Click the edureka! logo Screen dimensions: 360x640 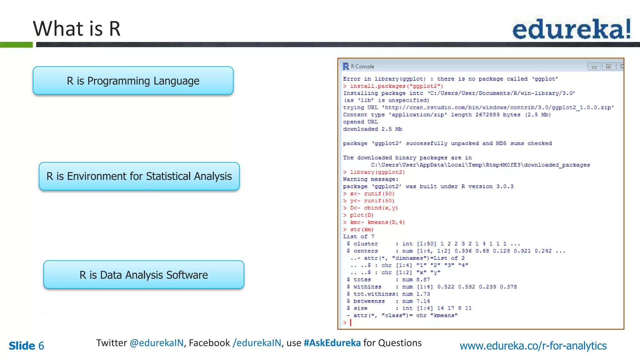tap(571, 29)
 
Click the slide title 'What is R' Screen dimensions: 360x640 tap(77, 29)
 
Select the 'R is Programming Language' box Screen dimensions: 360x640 tap(133, 81)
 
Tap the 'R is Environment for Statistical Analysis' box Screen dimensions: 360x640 tap(139, 176)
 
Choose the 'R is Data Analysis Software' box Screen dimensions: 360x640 tap(144, 275)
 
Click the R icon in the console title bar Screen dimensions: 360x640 tap(346, 66)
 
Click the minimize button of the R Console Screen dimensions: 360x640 tap(594, 67)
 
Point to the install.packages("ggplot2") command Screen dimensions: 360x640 tap(396, 86)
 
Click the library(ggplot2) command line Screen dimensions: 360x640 tap(377, 172)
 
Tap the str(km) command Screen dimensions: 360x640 tap(362, 229)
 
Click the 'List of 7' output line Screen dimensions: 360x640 tap(358, 237)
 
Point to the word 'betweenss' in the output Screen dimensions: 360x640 tap(369, 301)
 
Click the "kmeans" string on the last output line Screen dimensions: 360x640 tap(444, 315)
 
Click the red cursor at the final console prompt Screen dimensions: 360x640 tap(351, 322)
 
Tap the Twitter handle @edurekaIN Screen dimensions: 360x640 tap(157, 343)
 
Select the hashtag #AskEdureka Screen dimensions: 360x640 tap(332, 343)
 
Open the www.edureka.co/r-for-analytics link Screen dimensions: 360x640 tap(533, 346)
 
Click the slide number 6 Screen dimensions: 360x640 tap(41, 346)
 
